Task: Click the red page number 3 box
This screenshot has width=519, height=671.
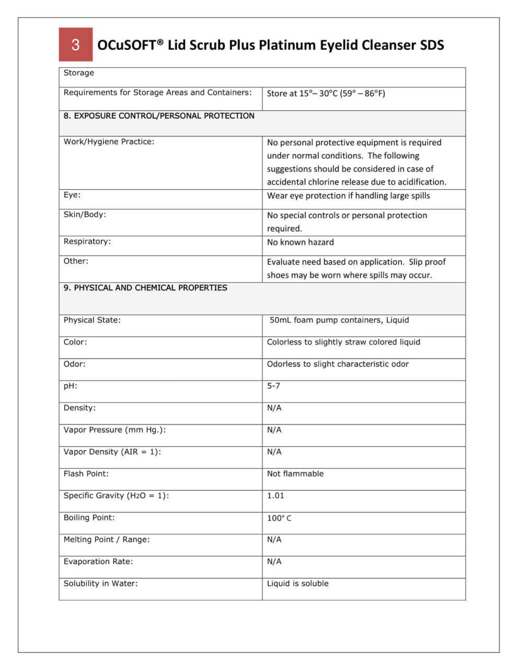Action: point(75,44)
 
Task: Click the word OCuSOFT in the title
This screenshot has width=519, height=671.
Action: point(126,45)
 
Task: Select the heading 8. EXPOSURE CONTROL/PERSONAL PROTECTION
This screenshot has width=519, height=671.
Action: point(159,116)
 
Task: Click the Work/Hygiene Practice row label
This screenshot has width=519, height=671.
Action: point(109,142)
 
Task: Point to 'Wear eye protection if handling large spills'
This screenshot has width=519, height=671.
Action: point(348,195)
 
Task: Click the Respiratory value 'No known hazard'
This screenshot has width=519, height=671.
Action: point(300,242)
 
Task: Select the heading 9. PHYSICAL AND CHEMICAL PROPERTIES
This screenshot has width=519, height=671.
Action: point(145,288)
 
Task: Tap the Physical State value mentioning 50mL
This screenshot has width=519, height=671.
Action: point(339,320)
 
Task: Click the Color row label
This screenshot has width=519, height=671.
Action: point(75,342)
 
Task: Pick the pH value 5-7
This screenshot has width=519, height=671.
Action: point(273,386)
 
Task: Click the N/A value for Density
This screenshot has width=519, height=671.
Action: point(274,408)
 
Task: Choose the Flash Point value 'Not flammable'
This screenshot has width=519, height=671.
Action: point(295,473)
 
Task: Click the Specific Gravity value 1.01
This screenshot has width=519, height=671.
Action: point(275,495)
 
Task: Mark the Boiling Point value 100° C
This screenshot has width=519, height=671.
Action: point(279,518)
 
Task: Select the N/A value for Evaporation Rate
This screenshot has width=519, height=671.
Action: point(274,561)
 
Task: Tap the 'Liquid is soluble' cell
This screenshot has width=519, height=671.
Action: point(297,583)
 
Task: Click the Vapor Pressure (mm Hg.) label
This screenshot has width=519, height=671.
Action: point(114,430)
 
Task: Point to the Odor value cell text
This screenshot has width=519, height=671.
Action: point(338,364)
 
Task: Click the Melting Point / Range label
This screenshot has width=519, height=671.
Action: point(107,539)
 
